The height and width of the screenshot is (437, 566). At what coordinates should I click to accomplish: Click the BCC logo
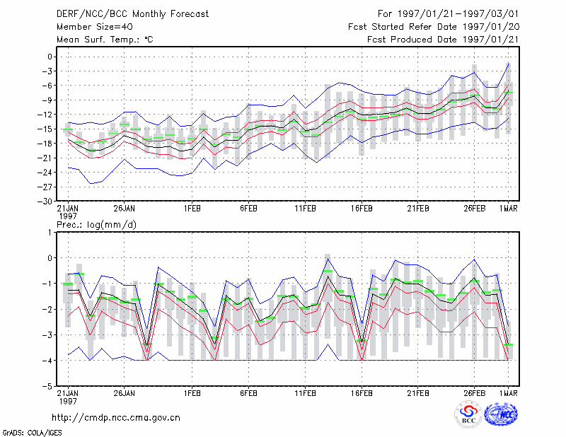pyautogui.click(x=468, y=415)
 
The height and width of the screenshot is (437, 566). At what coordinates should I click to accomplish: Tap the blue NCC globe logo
pyautogui.click(x=501, y=414)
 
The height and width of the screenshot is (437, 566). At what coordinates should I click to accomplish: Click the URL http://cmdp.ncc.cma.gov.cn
pyautogui.click(x=116, y=418)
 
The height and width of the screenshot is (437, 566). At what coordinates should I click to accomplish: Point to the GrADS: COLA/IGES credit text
pyautogui.click(x=32, y=433)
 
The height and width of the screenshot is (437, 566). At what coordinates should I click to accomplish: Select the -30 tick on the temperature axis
pyautogui.click(x=45, y=202)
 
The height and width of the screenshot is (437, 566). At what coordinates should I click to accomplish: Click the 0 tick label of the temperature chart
pyautogui.click(x=50, y=57)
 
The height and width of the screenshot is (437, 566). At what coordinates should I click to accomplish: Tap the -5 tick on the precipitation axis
pyautogui.click(x=47, y=387)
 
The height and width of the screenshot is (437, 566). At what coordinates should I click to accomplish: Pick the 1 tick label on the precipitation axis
pyautogui.click(x=50, y=233)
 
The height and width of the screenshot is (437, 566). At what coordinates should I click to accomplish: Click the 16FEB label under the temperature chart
pyautogui.click(x=362, y=209)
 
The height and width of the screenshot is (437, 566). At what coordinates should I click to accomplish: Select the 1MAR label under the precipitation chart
pyautogui.click(x=509, y=393)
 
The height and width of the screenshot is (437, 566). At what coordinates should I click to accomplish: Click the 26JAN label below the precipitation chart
pyautogui.click(x=125, y=393)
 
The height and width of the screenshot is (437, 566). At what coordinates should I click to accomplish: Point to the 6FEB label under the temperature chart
pyautogui.click(x=248, y=209)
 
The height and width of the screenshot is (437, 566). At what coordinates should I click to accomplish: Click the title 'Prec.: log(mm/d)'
pyautogui.click(x=96, y=225)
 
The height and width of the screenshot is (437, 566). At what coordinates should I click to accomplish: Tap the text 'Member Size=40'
pyautogui.click(x=95, y=27)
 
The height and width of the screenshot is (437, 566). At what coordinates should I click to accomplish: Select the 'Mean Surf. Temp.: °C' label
pyautogui.click(x=105, y=40)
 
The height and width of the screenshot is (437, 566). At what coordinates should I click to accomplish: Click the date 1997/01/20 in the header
pyautogui.click(x=491, y=27)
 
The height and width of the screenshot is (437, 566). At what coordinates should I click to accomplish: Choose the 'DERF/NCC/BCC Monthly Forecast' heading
pyautogui.click(x=132, y=14)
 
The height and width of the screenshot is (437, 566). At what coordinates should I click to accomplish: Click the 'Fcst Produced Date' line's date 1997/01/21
pyautogui.click(x=490, y=40)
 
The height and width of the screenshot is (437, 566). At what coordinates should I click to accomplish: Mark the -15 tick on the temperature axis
pyautogui.click(x=45, y=129)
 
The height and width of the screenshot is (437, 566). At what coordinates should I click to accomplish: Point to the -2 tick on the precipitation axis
pyautogui.click(x=47, y=310)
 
